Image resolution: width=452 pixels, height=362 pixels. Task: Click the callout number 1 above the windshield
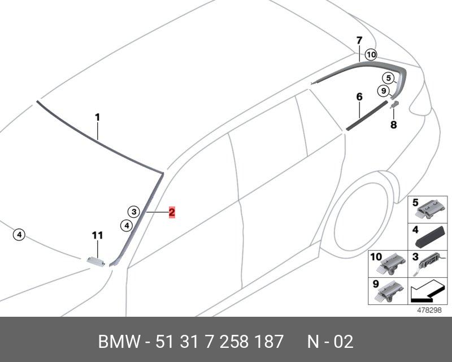[97, 118]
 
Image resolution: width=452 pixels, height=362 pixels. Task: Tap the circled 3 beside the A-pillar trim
[133, 212]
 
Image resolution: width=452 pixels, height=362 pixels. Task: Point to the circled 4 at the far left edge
[19, 234]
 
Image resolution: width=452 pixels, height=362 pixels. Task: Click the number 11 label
[97, 235]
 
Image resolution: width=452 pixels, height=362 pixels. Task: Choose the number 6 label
[359, 97]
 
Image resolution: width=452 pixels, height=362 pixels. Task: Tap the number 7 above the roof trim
[359, 40]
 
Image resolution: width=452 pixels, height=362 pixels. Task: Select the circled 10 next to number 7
[370, 55]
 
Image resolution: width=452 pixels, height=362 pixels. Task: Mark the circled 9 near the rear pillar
[383, 90]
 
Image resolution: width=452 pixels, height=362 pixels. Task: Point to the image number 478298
[429, 311]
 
